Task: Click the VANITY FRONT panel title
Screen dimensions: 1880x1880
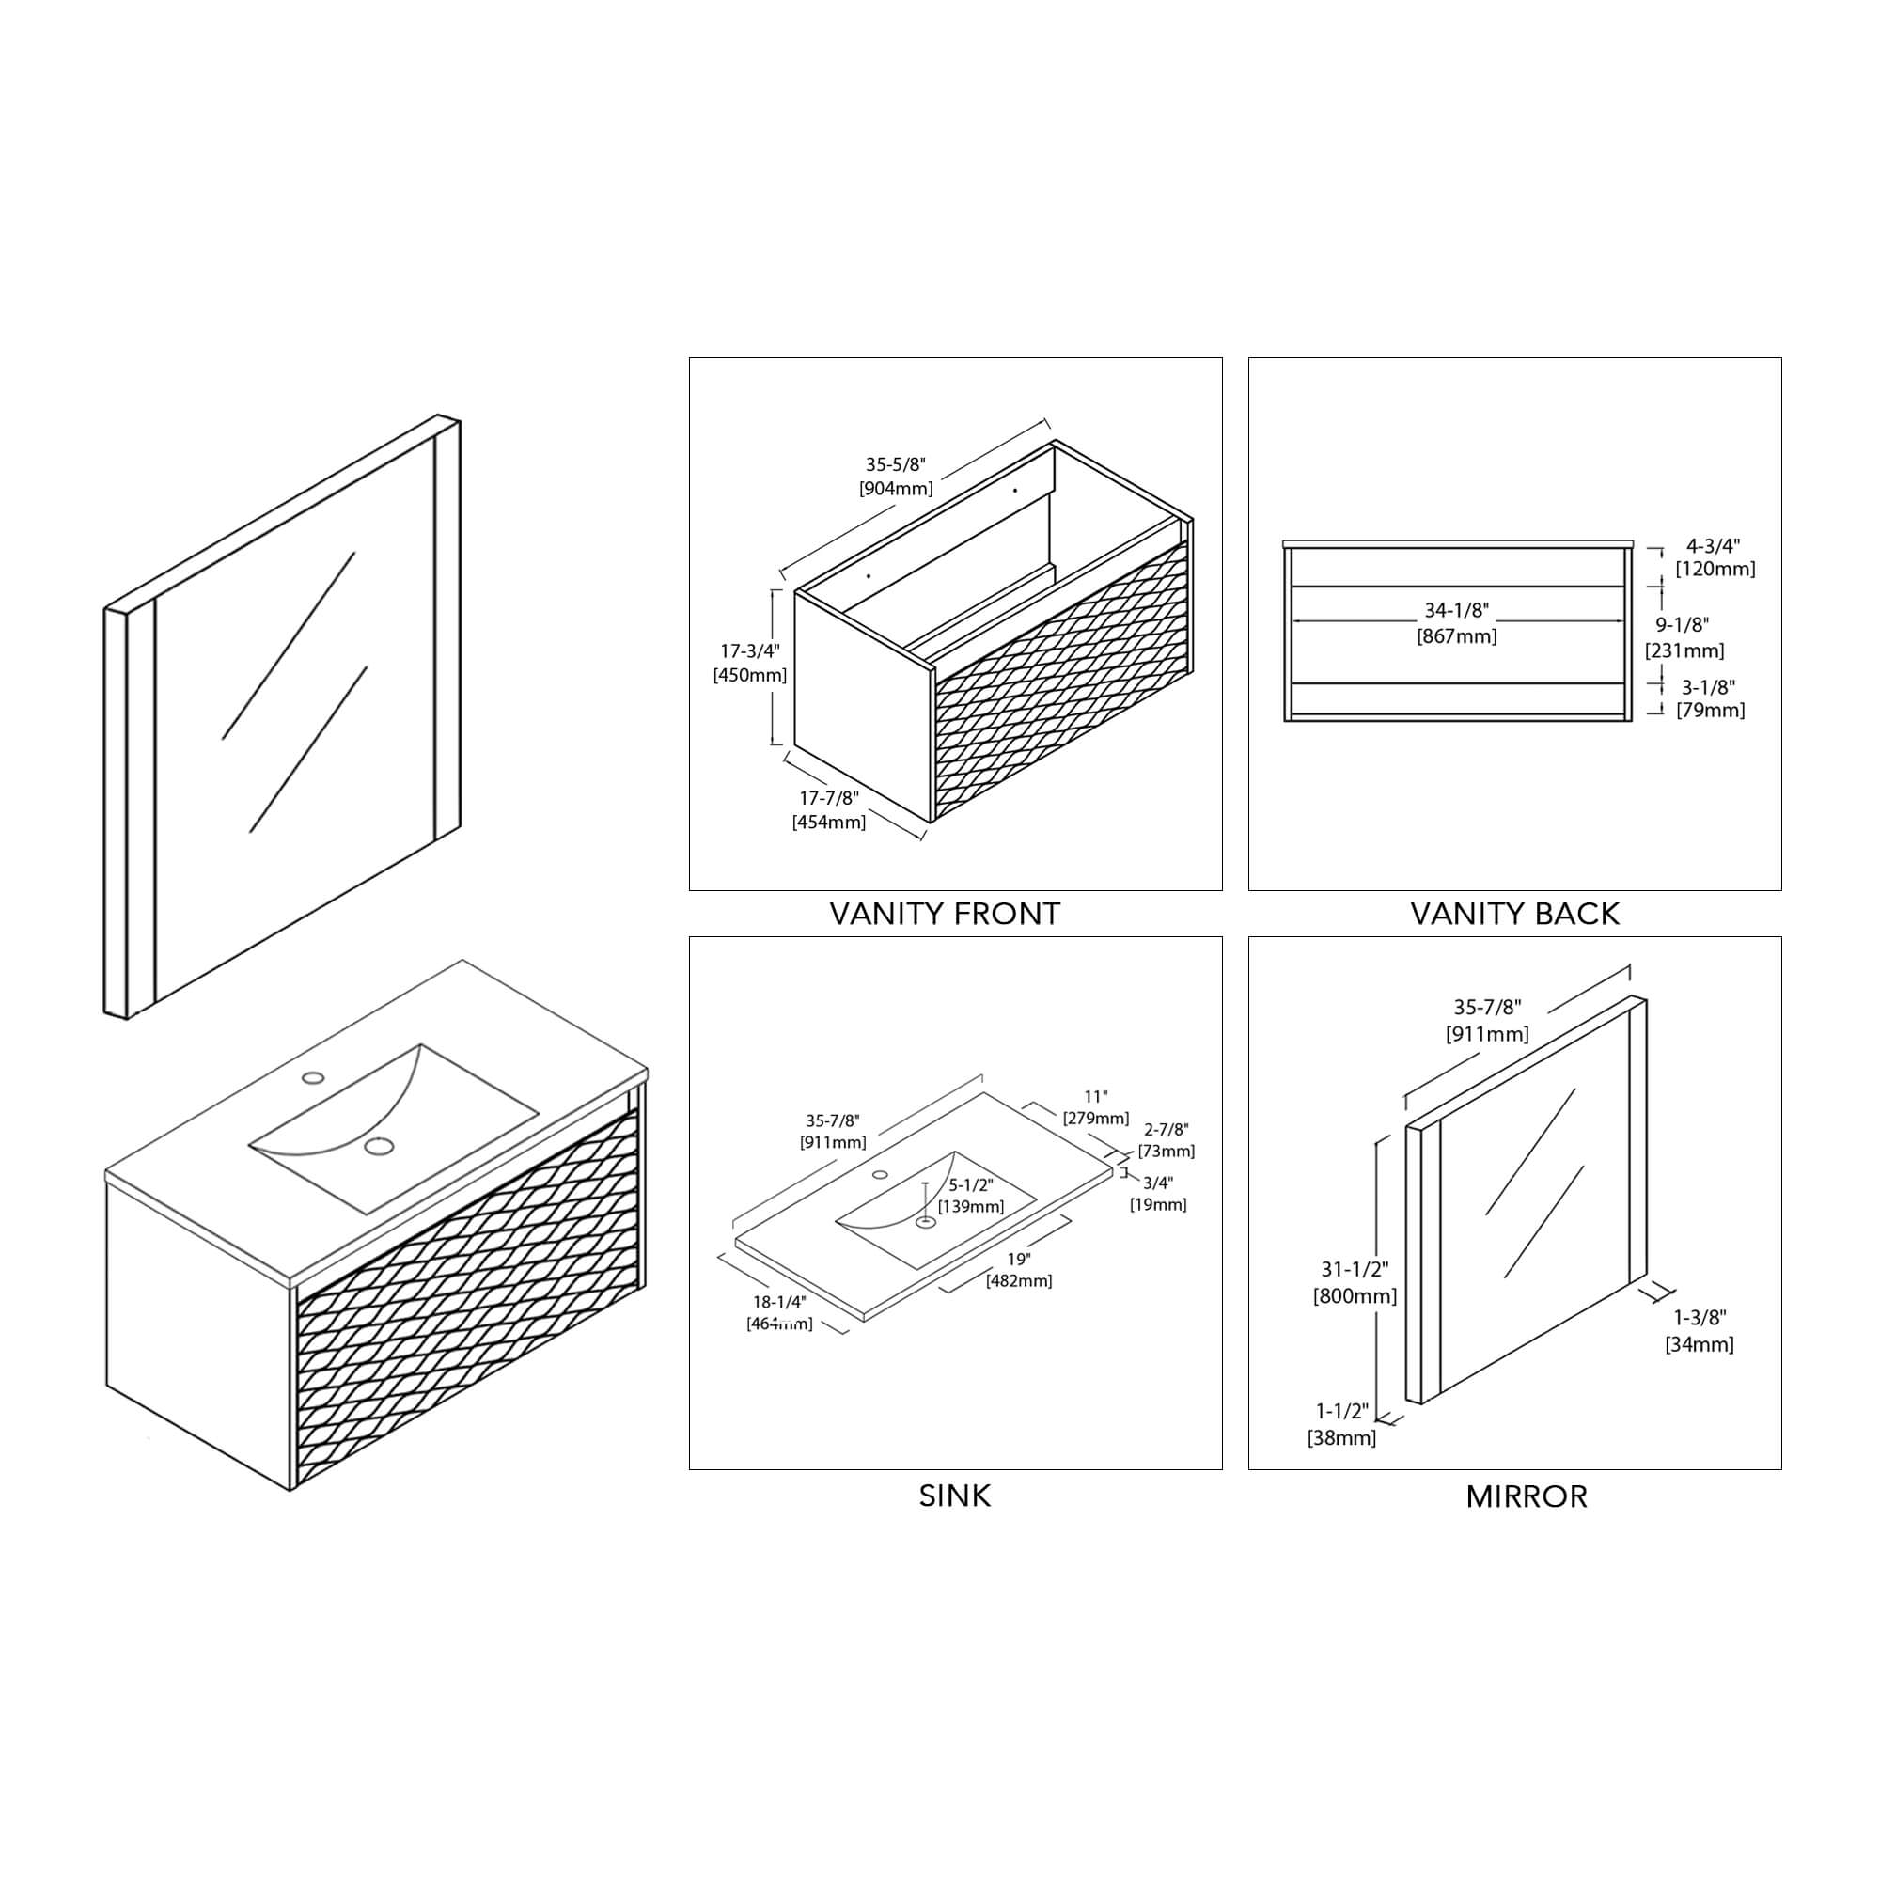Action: pos(944,914)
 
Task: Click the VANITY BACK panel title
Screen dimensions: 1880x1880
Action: pos(1514,914)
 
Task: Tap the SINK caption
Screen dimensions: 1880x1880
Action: pos(955,1496)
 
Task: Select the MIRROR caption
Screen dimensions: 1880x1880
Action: pos(1526,1496)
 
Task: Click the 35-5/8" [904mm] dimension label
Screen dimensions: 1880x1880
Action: pos(895,477)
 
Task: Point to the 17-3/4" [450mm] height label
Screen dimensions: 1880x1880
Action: pos(749,663)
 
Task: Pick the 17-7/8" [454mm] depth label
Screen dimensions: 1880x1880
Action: pos(829,809)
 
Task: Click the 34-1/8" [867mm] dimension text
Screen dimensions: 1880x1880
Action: pos(1457,623)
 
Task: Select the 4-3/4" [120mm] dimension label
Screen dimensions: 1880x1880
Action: pos(1715,557)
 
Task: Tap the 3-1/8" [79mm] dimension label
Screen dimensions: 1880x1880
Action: pos(1710,698)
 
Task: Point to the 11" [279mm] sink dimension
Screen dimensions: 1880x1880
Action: pos(1096,1107)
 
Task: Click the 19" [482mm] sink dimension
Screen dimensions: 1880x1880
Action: pos(1019,1270)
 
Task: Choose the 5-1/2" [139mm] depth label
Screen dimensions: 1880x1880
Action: pos(971,1195)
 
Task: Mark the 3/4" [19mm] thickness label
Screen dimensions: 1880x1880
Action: pos(1158,1193)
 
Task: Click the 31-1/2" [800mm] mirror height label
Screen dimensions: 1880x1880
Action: pos(1355,1282)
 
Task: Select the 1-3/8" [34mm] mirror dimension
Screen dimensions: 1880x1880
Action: pos(1699,1330)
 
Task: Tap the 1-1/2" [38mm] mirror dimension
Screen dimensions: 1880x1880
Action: pos(1342,1423)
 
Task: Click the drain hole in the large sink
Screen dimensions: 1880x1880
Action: pos(380,1146)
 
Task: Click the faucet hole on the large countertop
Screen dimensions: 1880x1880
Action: pos(313,1077)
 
